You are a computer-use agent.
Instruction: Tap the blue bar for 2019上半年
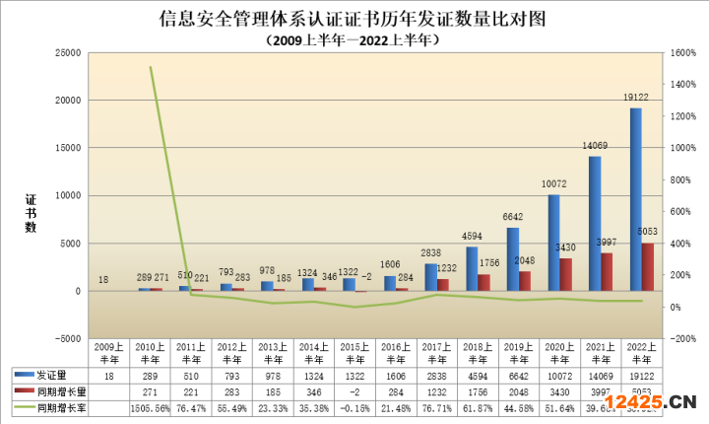512,259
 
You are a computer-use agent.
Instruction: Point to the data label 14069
594,146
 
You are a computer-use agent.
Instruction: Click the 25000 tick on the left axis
67,52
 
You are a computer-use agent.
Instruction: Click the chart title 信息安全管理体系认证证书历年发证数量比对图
353,19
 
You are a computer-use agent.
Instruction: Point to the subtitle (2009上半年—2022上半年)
352,40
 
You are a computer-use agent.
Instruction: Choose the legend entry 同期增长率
55,407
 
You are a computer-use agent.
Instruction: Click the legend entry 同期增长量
55,391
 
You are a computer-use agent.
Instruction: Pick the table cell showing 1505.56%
151,407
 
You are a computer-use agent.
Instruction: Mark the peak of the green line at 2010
151,67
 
